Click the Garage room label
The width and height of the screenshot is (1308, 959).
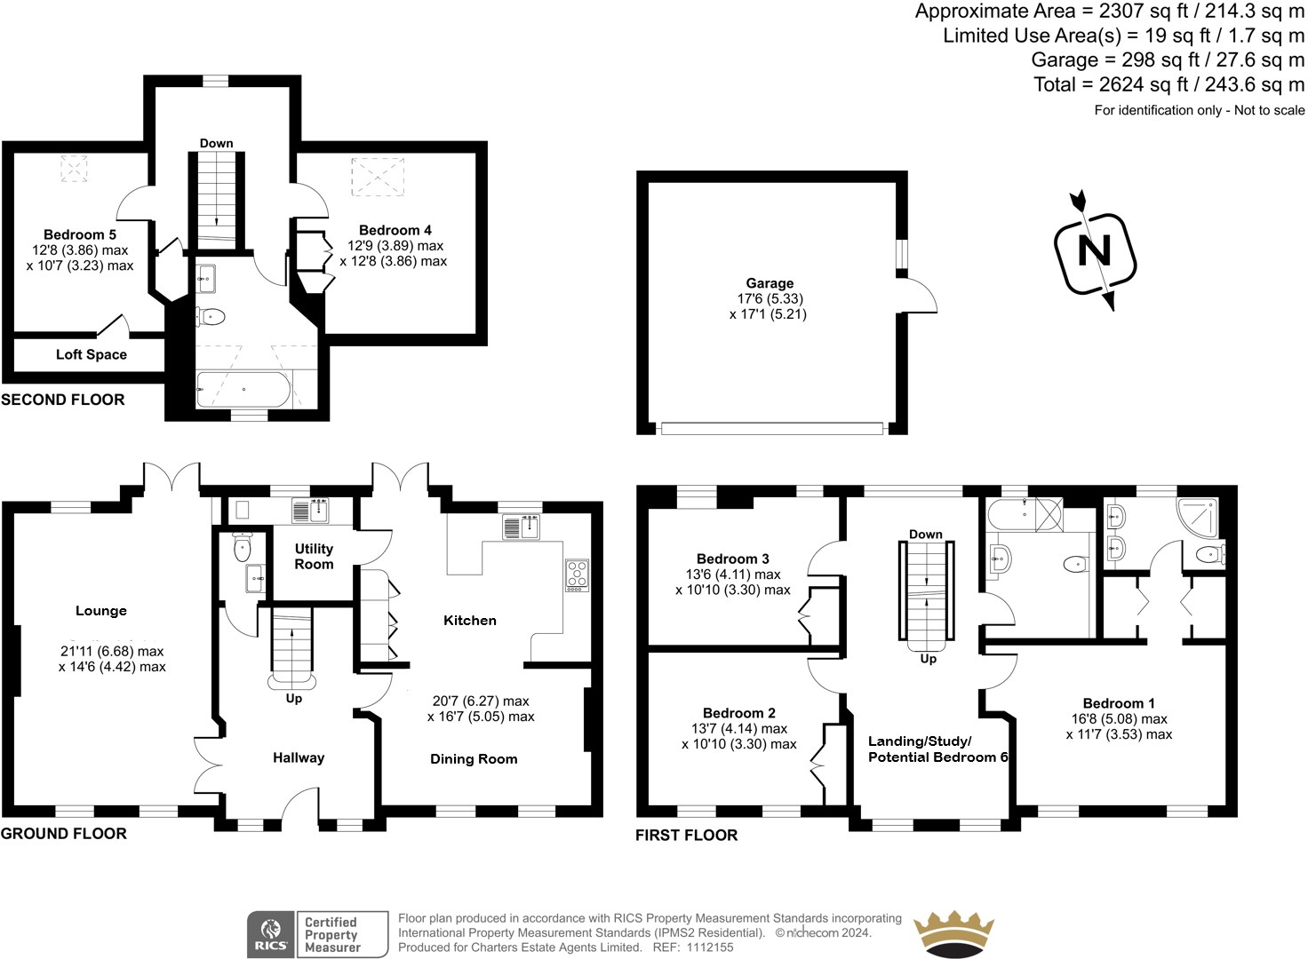(770, 283)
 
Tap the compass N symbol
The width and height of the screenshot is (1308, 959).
(1095, 251)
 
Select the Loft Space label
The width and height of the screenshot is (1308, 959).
(92, 354)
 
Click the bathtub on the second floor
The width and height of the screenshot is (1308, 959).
(243, 389)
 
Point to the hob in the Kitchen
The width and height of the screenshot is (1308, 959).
(577, 575)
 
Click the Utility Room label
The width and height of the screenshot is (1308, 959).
(314, 556)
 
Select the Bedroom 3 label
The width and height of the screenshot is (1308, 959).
(732, 559)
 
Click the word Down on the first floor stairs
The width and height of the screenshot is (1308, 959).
(925, 535)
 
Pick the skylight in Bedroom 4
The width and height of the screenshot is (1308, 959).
(378, 177)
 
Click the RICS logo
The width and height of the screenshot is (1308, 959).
(270, 934)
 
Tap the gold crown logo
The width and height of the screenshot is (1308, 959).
(953, 934)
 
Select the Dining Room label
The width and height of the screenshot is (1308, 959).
(474, 759)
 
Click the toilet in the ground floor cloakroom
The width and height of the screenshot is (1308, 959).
(243, 547)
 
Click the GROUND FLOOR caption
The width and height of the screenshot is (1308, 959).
(64, 834)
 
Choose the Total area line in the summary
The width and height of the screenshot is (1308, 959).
(1168, 84)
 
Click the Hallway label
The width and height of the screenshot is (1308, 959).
(299, 757)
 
